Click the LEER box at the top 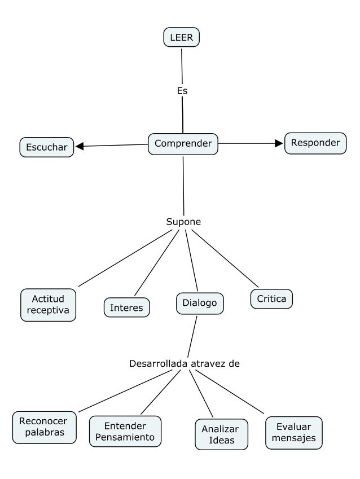[x=182, y=38]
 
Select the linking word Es [x=182, y=90]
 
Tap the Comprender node [x=183, y=144]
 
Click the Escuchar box [x=47, y=147]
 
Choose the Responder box [x=315, y=143]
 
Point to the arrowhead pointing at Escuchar [x=80, y=146]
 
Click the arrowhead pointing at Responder [x=279, y=143]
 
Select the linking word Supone [x=183, y=222]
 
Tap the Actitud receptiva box [x=48, y=305]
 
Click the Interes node [x=127, y=307]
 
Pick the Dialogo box [x=200, y=303]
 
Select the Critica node [x=271, y=299]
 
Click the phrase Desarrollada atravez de [x=185, y=363]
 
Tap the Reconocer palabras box [x=44, y=427]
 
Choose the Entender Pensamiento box [x=125, y=432]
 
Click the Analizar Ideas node [x=221, y=434]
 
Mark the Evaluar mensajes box [x=294, y=433]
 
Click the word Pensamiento [x=125, y=437]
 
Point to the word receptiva [x=48, y=311]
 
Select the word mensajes [x=294, y=438]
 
